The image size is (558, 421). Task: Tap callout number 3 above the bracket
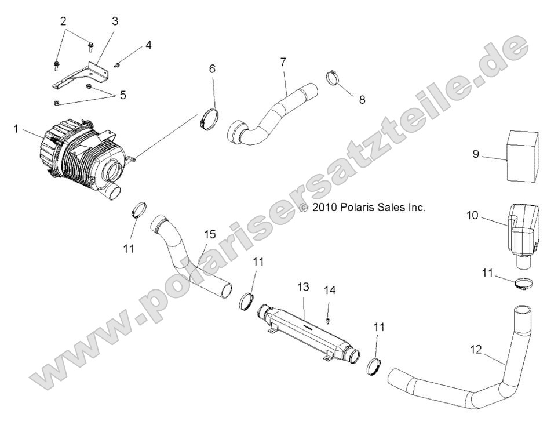(x=115, y=21)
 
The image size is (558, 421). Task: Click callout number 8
(x=362, y=99)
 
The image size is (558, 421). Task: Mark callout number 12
(x=475, y=350)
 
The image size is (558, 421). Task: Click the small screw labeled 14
(x=328, y=319)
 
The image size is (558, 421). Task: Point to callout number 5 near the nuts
(x=122, y=95)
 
